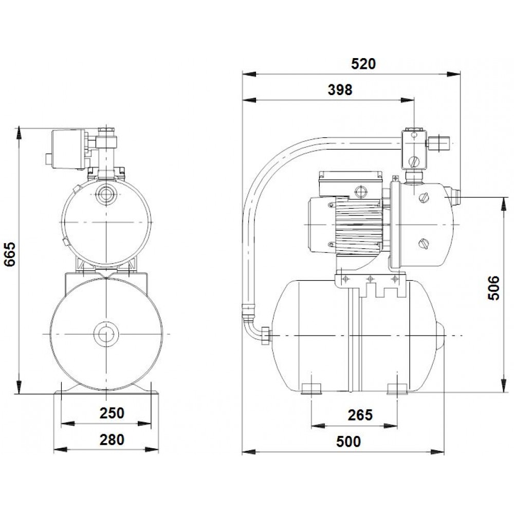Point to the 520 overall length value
pyautogui.click(x=363, y=64)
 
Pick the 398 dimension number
pyautogui.click(x=340, y=90)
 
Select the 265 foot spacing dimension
pyautogui.click(x=359, y=415)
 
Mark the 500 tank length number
pyautogui.click(x=350, y=442)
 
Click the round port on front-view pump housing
pyautogui.click(x=107, y=194)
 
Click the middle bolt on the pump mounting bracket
pyautogui.click(x=369, y=280)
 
